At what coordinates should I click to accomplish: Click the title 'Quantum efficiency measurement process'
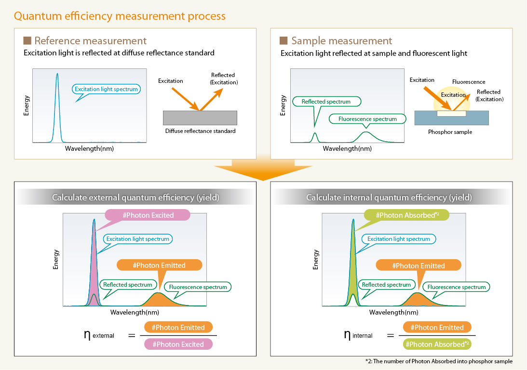tap(120, 16)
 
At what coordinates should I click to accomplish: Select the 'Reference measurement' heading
tap(90, 40)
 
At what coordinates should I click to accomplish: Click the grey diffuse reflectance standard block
tap(200, 118)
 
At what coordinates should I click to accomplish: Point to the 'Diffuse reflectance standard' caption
tap(200, 131)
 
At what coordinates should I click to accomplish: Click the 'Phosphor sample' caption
tap(450, 132)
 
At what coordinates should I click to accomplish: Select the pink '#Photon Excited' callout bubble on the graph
tap(148, 215)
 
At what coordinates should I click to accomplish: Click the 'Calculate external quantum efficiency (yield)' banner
tap(135, 197)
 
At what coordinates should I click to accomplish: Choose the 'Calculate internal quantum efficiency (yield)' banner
tap(389, 197)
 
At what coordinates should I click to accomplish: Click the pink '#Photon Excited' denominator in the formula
tap(178, 344)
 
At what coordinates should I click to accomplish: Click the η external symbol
tap(99, 334)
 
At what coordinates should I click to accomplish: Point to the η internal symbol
tap(358, 334)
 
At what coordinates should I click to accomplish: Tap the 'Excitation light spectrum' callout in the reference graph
tap(107, 89)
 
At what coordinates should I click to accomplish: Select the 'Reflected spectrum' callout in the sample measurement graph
tap(326, 102)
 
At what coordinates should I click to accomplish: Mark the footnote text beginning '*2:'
tap(439, 361)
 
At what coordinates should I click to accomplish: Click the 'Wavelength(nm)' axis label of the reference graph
tap(90, 148)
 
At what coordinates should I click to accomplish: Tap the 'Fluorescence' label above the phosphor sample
tap(469, 82)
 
